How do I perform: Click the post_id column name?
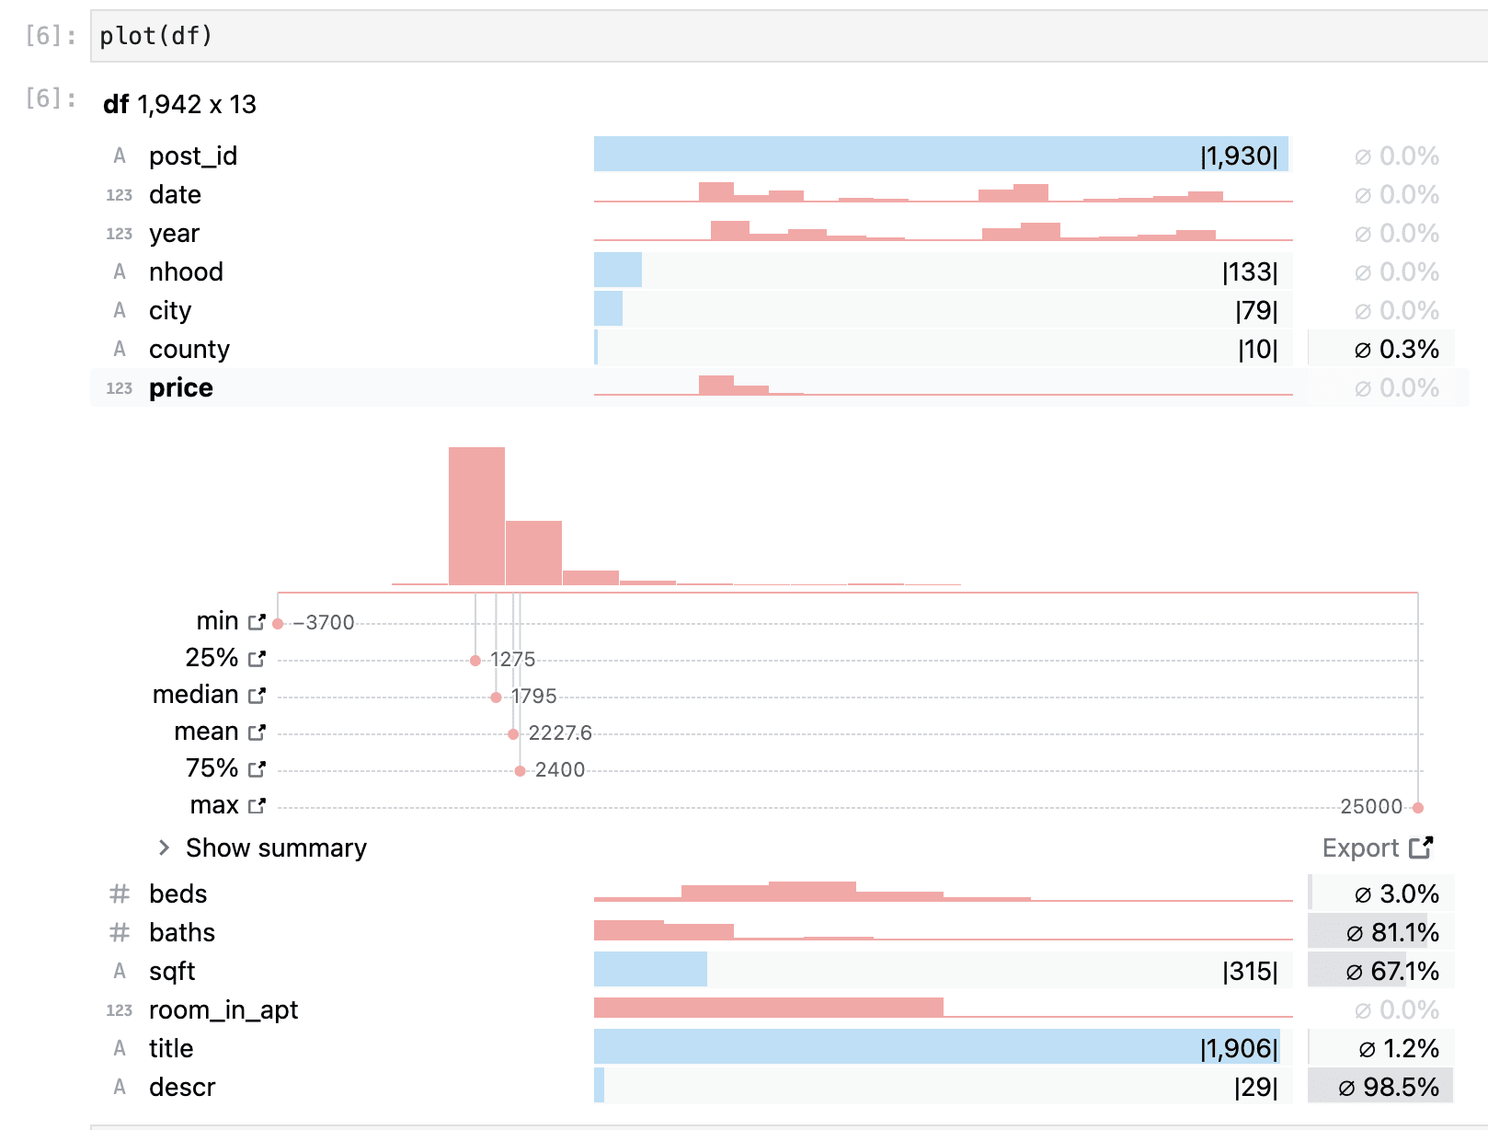coord(193,156)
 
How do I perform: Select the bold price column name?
coord(180,387)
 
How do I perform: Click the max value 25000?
coord(1370,807)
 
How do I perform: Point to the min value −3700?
coord(324,623)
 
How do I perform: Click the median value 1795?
coord(533,697)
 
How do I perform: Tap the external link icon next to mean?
coord(257,732)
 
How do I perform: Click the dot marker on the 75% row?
coord(520,771)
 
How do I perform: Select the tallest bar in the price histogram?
coord(476,515)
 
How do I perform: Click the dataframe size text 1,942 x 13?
coord(197,104)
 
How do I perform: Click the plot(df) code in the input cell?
coord(155,36)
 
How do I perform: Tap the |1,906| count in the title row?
coord(1238,1048)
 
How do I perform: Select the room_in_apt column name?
coord(223,1009)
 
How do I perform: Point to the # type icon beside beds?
coord(120,894)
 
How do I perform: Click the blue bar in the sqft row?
coord(650,970)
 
